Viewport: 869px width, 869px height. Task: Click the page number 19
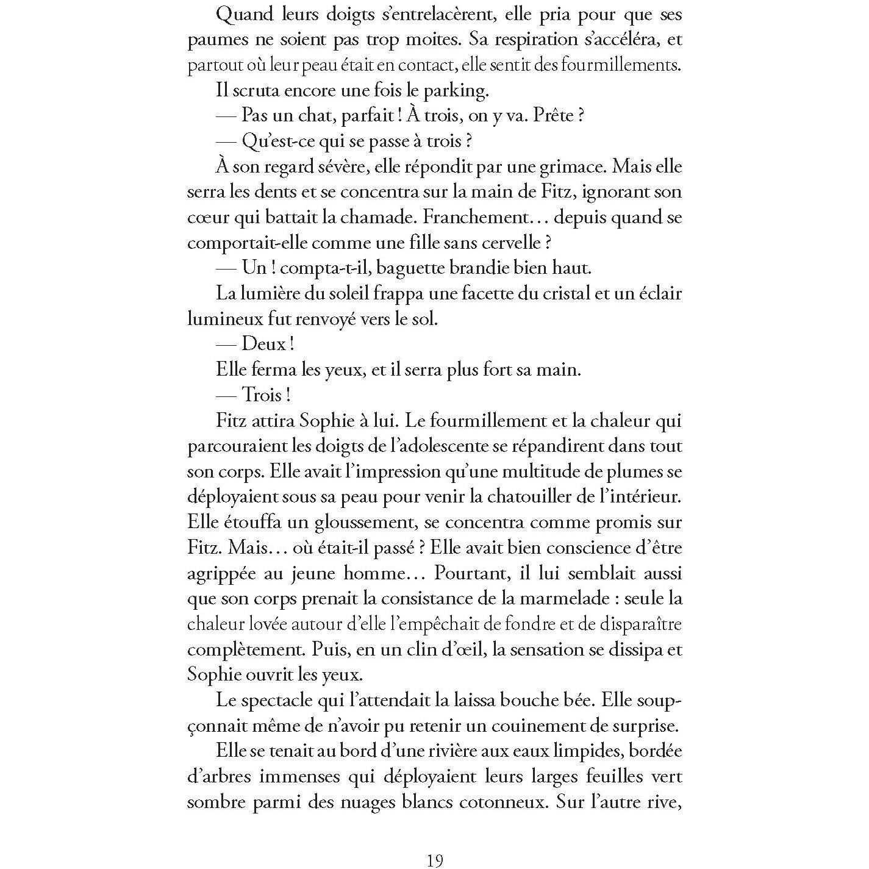pyautogui.click(x=434, y=860)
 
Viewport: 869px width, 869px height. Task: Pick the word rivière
pyautogui.click(x=440, y=751)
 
